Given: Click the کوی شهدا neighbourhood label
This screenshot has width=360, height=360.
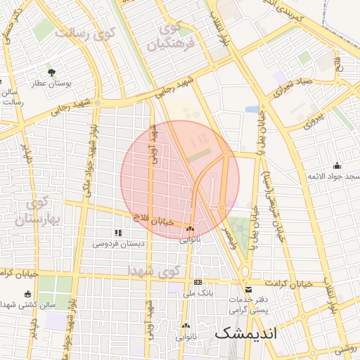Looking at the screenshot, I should [154, 270].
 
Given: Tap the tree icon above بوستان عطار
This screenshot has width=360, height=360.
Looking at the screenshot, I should [51, 72].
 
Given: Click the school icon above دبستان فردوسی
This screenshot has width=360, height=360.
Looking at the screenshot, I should [117, 232].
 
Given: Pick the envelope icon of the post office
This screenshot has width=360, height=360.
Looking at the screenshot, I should [247, 289].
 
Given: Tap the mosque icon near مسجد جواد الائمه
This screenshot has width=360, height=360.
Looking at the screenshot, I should [337, 166].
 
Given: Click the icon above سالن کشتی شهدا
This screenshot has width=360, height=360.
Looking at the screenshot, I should [28, 294].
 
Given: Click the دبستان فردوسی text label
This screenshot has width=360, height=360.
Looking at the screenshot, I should [117, 243].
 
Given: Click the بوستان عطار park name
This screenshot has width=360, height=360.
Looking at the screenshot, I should [51, 84].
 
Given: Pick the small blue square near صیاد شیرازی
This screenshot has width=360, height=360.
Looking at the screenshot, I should [252, 109].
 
